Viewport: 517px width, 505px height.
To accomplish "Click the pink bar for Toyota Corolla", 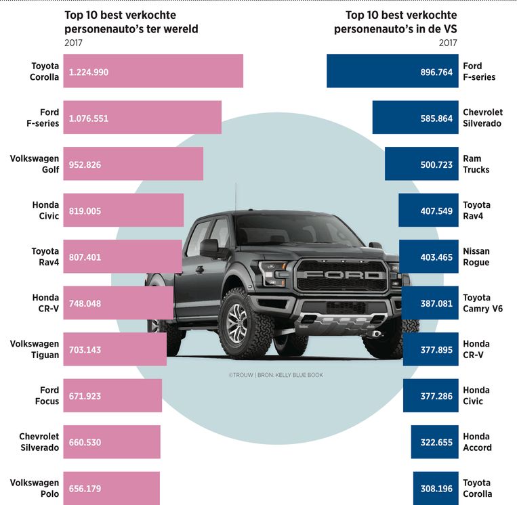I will coord(153,71).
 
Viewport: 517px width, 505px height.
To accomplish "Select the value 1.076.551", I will coord(89,118).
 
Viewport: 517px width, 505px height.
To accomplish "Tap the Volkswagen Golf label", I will coord(35,164).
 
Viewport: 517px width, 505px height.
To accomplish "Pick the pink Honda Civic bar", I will coord(123,211).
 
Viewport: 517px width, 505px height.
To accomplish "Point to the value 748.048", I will coord(85,304).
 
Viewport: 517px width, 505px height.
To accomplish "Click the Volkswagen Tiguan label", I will coord(35,349).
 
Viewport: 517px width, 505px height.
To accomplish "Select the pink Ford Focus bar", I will coord(112,395).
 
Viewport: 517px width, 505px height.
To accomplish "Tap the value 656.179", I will coord(85,489).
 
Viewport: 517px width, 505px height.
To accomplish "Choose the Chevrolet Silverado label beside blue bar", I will coord(482,118).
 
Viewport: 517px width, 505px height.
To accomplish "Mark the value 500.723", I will coord(436,164).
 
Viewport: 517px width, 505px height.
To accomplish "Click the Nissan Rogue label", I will coord(476,257).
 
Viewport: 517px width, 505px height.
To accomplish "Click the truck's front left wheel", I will coord(242,324).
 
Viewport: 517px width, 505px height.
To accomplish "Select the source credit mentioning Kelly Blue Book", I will coord(276,375).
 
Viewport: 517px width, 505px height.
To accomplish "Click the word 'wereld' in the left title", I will coord(181,29).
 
